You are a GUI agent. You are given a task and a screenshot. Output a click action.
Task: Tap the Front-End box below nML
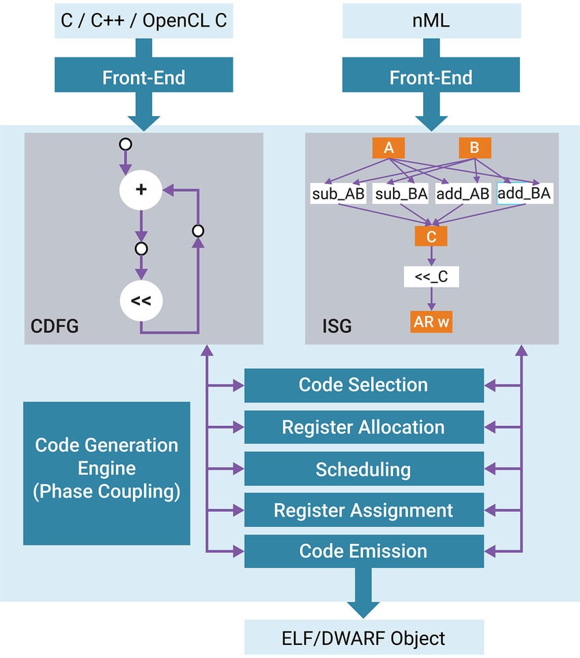click(x=431, y=77)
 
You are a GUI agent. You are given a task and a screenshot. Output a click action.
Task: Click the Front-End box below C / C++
click(x=143, y=77)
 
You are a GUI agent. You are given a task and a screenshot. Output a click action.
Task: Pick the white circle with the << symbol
click(x=141, y=300)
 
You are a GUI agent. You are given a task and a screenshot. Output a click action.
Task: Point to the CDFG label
click(x=55, y=326)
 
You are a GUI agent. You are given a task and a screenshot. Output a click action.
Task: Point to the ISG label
click(x=336, y=326)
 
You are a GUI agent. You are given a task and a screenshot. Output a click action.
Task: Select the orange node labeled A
click(x=389, y=147)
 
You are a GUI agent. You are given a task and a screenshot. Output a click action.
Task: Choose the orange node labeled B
click(x=475, y=147)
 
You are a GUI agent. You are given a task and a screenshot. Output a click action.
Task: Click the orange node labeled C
click(x=431, y=235)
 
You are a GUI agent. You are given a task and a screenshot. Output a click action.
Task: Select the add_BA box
click(x=525, y=194)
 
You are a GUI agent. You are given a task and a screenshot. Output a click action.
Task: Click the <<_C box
click(x=431, y=276)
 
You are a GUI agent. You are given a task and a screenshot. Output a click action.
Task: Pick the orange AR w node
click(x=431, y=321)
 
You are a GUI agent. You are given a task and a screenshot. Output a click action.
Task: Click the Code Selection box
click(x=364, y=385)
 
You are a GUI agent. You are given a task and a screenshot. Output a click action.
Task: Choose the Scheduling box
click(x=364, y=470)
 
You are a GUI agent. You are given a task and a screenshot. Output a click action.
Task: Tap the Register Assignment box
click(x=364, y=510)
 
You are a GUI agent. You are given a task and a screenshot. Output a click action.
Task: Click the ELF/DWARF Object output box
click(x=364, y=638)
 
